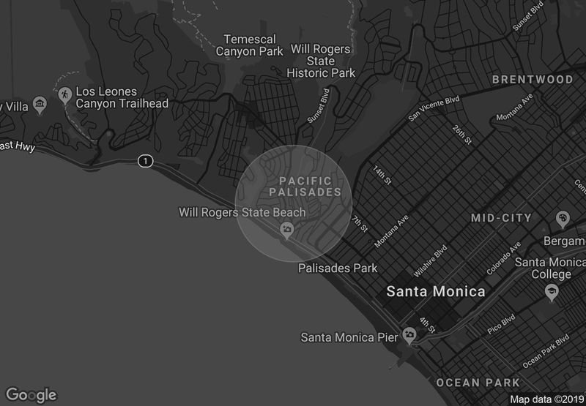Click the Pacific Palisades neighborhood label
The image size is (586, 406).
[x=305, y=187]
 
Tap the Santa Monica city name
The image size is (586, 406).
[x=435, y=291]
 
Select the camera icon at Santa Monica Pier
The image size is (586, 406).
[x=409, y=336]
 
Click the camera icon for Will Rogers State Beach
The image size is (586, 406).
[x=287, y=230]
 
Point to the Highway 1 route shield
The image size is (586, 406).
[x=146, y=161]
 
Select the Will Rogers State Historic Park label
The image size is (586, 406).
[x=321, y=61]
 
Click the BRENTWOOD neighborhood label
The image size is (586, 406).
[x=533, y=79]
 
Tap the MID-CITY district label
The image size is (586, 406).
[x=501, y=218]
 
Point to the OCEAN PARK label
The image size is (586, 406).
[x=478, y=383]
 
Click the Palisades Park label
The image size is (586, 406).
[x=338, y=268]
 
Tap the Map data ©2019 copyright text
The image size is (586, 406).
[x=546, y=399]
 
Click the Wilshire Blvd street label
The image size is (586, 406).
[x=430, y=261]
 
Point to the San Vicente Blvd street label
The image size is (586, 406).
[x=433, y=108]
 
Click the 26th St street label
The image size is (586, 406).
[x=462, y=134]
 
